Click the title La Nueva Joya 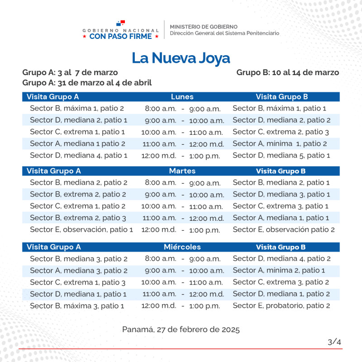(181, 58)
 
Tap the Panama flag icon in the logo (120, 23)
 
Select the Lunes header (182, 97)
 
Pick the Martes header (182, 171)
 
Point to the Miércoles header (182, 247)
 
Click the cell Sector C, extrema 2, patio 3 (281, 132)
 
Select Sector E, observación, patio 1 (81, 229)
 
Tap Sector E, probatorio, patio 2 (281, 305)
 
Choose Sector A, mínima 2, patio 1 (279, 271)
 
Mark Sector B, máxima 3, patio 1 (77, 305)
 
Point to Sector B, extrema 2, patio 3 (78, 218)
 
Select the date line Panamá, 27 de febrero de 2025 (181, 329)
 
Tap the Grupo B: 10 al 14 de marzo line (287, 72)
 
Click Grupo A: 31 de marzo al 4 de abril (87, 83)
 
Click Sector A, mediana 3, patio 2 (79, 271)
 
